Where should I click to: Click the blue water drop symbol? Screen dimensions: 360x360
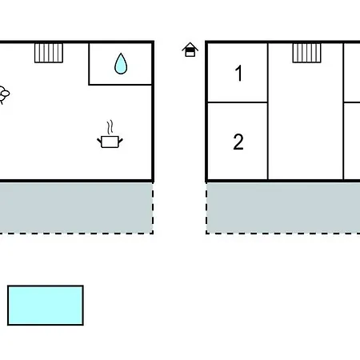tap(121, 64)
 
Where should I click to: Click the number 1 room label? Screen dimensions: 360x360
tap(239, 73)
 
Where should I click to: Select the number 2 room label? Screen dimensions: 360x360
tap(238, 142)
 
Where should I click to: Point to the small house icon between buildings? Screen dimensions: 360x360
tap(190, 50)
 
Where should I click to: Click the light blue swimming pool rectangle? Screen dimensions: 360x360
tap(46, 306)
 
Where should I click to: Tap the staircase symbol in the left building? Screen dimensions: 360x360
tap(49, 53)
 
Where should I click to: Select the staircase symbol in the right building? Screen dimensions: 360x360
tap(307, 53)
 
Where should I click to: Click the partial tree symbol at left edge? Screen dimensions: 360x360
tap(4, 94)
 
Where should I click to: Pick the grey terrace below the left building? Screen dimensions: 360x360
tap(76, 208)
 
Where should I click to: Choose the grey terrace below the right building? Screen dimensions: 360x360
tap(283, 208)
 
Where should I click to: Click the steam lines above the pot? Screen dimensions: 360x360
tap(110, 127)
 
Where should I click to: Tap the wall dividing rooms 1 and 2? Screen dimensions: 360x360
tap(238, 102)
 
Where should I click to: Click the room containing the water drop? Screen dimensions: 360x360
tap(121, 64)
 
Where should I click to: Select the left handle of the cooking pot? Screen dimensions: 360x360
tap(99, 140)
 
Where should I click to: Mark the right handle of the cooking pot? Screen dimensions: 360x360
tap(121, 141)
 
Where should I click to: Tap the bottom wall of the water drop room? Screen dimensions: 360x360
tap(121, 85)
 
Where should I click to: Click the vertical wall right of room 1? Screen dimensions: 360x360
tap(268, 72)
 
